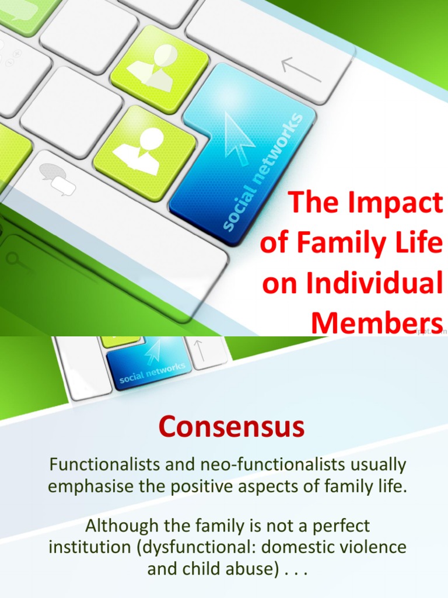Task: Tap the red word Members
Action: [377, 322]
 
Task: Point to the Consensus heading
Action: [232, 427]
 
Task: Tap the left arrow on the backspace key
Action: [300, 68]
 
